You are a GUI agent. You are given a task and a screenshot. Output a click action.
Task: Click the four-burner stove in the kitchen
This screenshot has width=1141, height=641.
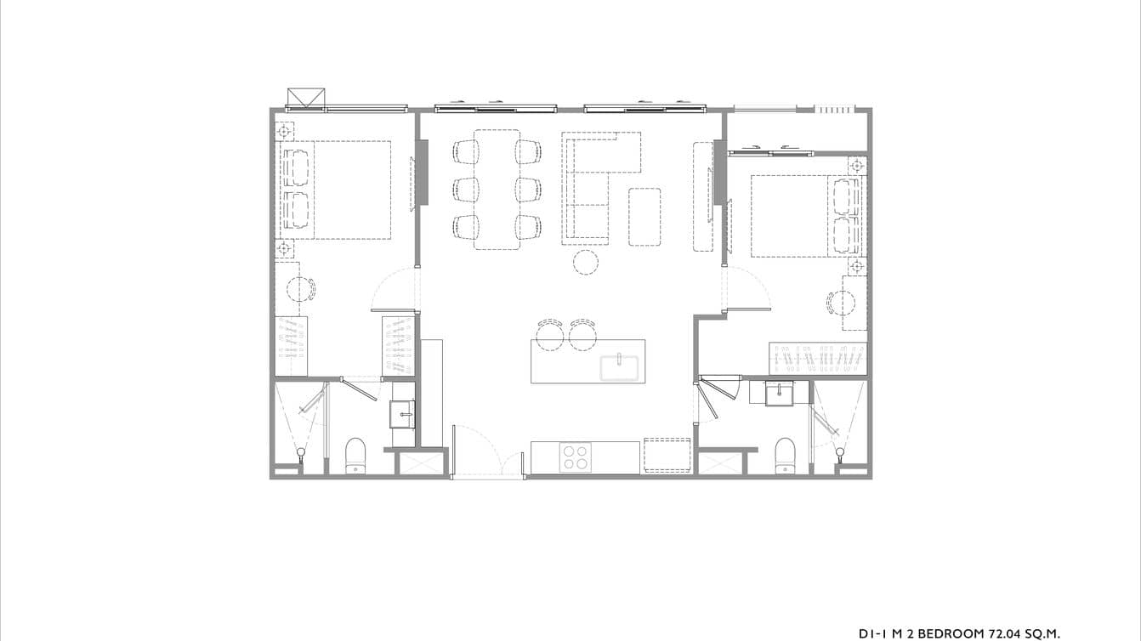[576, 457]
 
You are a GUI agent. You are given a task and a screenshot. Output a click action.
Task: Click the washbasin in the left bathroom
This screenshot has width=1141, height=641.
[402, 414]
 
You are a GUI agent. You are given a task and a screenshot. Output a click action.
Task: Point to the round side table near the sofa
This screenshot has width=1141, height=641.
[585, 263]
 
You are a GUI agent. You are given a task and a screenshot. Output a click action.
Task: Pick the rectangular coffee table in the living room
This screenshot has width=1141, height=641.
[644, 216]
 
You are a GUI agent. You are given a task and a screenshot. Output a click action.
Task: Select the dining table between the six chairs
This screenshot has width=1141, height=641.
[497, 189]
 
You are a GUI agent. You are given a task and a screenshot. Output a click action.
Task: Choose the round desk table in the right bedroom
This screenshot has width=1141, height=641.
[843, 303]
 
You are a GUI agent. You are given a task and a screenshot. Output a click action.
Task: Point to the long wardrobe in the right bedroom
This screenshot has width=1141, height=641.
[818, 359]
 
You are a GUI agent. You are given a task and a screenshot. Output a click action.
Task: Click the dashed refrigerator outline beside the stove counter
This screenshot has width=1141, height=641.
[667, 455]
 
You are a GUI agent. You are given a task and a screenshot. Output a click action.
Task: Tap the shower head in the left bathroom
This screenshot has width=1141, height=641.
[301, 451]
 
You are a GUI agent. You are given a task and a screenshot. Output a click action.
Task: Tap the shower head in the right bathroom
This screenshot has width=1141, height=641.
[841, 451]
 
